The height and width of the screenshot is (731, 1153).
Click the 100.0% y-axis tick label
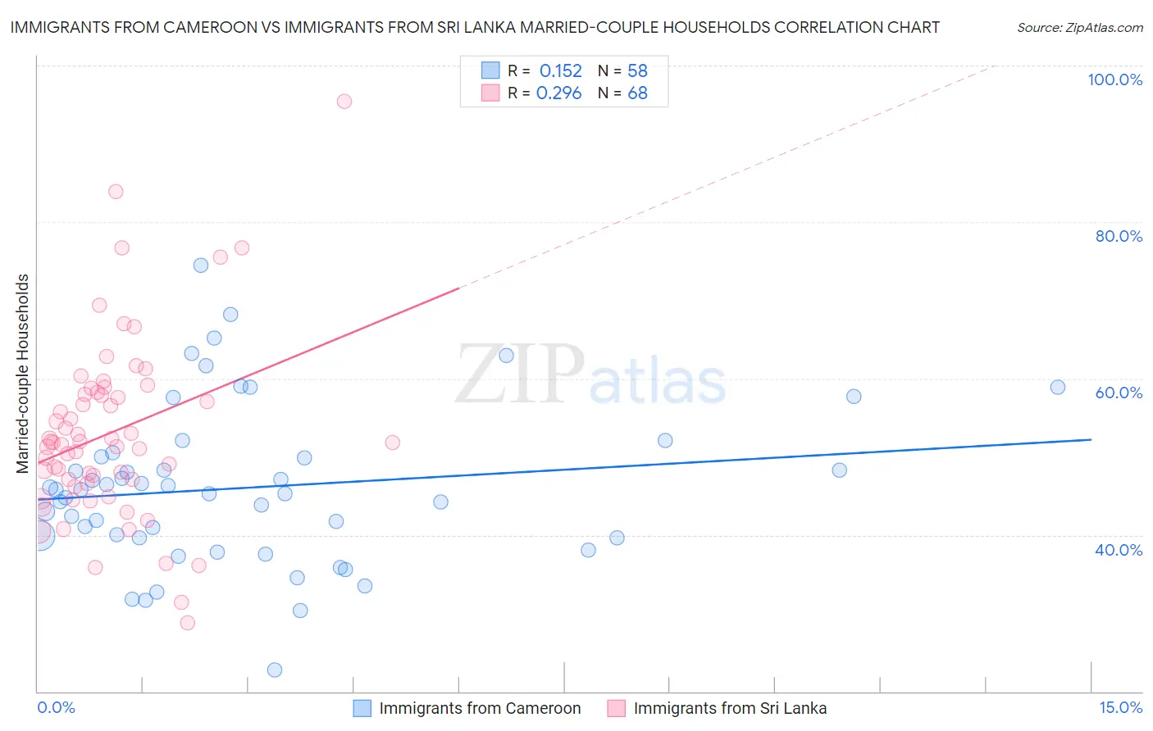coord(1114,79)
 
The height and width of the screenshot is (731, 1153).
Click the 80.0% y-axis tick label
coord(1119,236)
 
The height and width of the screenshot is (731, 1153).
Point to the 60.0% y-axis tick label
coord(1119,393)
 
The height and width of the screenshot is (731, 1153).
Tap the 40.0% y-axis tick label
coord(1119,550)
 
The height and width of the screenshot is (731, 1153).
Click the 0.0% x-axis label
coord(56,707)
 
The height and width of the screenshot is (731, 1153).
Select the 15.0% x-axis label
coord(1120,707)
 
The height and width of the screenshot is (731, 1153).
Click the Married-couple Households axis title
coord(23,374)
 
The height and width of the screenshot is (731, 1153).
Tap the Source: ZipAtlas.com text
coord(1079,27)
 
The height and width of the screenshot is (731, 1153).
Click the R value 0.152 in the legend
coord(560,71)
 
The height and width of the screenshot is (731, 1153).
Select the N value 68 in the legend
coord(637,93)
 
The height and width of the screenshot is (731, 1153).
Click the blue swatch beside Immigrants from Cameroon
coord(362,708)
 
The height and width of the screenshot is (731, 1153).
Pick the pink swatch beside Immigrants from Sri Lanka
coord(617,708)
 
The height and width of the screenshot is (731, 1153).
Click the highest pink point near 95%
coord(344,101)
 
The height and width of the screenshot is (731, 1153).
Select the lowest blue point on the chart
coord(275,670)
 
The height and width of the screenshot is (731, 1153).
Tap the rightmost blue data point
coord(1058,387)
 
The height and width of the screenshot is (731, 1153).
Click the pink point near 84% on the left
coord(116,191)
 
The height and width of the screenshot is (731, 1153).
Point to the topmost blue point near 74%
coord(201,265)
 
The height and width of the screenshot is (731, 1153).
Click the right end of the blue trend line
coord(1091,439)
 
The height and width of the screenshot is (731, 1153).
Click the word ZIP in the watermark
coord(519,374)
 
